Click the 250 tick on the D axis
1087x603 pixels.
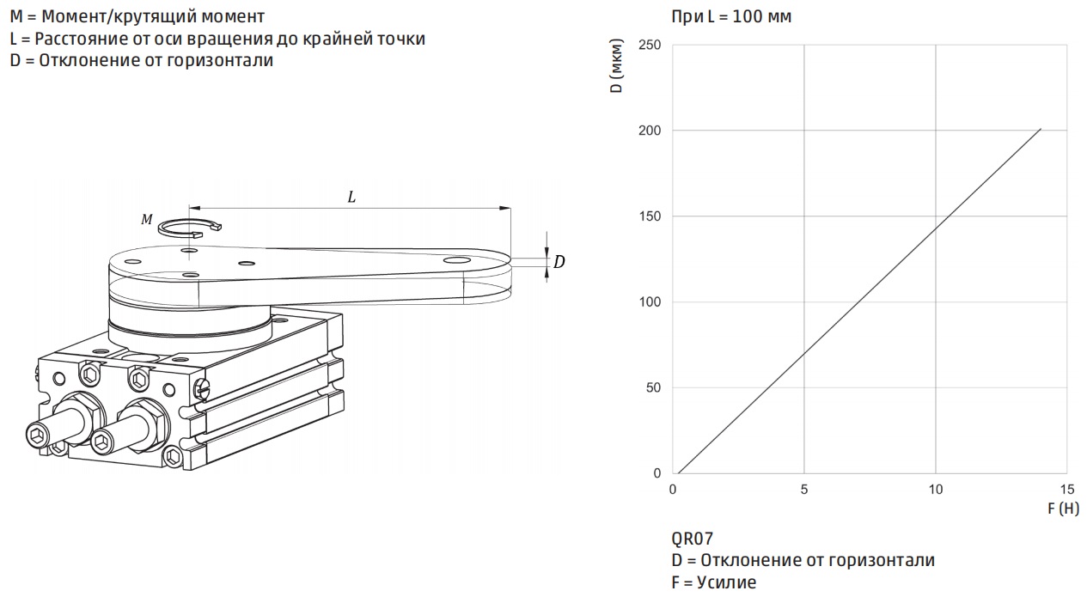(x=650, y=45)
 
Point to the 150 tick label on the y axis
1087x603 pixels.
(x=650, y=216)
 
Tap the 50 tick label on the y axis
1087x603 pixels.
(x=654, y=387)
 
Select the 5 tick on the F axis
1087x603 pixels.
(x=804, y=490)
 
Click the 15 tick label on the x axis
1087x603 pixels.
(x=1067, y=490)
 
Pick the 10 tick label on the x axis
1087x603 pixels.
(x=936, y=490)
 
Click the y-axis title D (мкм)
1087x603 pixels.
(x=616, y=66)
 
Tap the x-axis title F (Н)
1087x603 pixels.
(x=1063, y=509)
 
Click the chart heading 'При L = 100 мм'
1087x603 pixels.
(x=731, y=17)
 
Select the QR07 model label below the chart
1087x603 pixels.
(x=693, y=539)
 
